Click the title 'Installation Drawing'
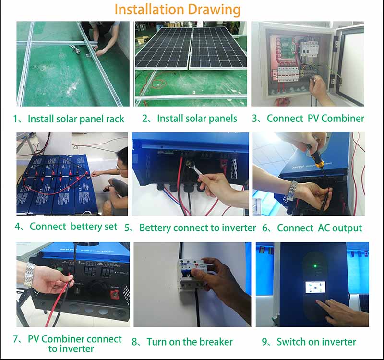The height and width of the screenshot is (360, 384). [177, 10]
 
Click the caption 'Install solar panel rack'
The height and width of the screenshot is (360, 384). [76, 119]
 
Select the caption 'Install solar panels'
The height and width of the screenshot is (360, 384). [197, 119]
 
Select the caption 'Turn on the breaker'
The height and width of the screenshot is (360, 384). [190, 342]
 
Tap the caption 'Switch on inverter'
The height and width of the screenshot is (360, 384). [316, 342]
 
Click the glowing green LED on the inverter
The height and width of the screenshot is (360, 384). [315, 266]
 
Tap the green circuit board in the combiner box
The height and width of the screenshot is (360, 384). [289, 47]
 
